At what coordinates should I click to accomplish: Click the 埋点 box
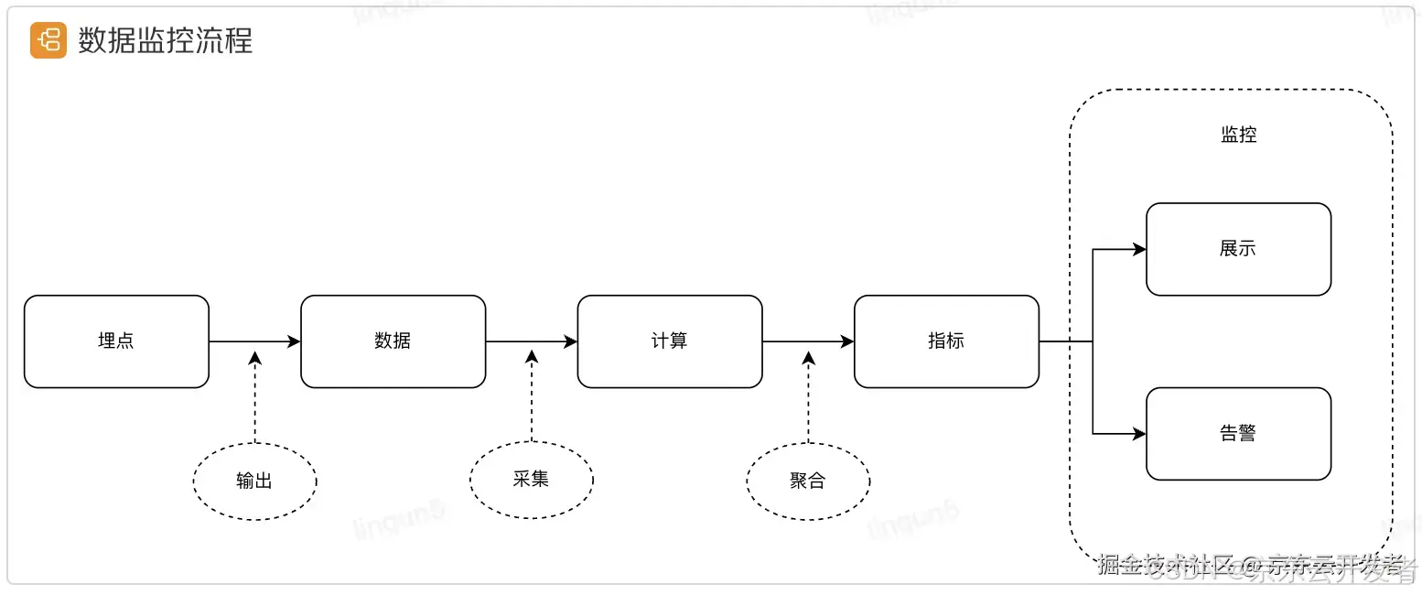(x=116, y=341)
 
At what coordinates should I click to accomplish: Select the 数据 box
(x=393, y=341)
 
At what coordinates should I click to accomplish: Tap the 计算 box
(x=670, y=341)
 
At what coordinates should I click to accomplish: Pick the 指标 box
(x=946, y=341)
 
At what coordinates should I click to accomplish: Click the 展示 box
(x=1238, y=249)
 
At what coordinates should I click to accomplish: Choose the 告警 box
(x=1238, y=434)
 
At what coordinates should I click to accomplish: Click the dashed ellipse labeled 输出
(x=254, y=481)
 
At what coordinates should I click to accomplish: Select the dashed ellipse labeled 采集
(x=531, y=479)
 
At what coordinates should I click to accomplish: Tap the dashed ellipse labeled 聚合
(x=808, y=481)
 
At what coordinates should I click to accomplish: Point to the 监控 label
(x=1238, y=135)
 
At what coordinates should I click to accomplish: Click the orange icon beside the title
(x=48, y=40)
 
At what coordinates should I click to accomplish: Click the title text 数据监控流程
(x=166, y=40)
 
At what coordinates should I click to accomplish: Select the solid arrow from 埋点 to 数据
(x=254, y=341)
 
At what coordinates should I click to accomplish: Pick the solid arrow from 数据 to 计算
(x=531, y=341)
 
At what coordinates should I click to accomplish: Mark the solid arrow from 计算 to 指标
(x=808, y=341)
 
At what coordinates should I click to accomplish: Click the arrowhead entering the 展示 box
(x=1139, y=249)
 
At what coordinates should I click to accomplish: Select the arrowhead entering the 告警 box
(x=1139, y=434)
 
